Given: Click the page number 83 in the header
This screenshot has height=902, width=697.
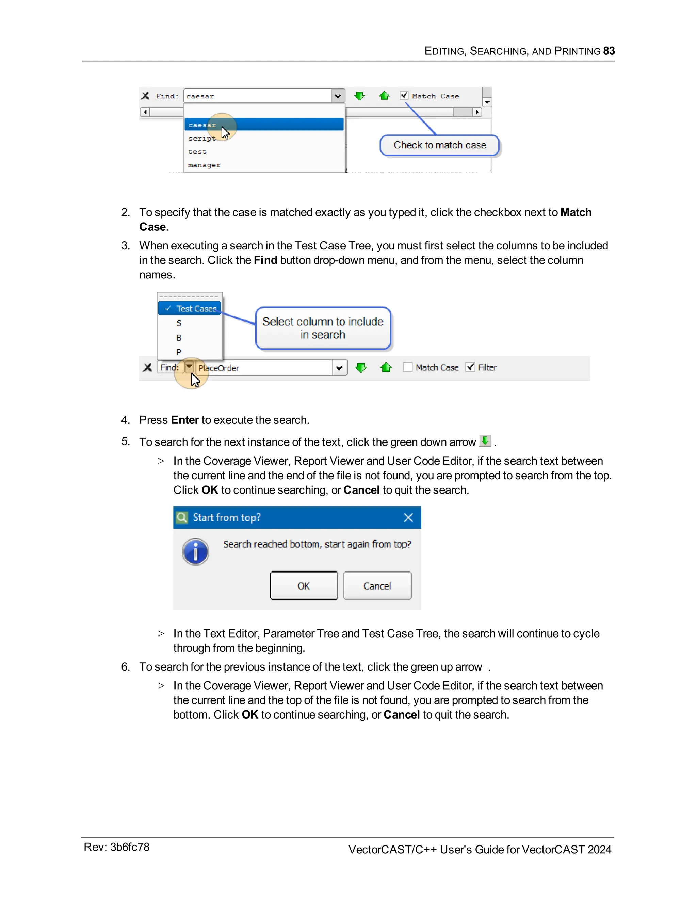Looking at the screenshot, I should point(609,51).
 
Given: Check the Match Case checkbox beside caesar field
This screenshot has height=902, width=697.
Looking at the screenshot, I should point(404,95).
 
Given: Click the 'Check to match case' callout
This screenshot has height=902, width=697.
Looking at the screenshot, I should point(439,145).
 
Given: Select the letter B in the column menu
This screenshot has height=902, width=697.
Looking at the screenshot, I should point(179,337).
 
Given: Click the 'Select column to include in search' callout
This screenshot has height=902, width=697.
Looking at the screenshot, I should point(323,328).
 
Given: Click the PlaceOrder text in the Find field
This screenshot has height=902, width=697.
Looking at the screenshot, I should point(219,368).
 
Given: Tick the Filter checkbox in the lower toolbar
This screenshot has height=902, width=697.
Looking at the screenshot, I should point(470,367).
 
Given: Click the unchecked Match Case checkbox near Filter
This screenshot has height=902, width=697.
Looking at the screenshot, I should point(407,367).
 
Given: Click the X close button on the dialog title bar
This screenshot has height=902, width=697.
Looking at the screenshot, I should point(408,517).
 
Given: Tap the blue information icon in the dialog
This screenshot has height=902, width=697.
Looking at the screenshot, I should point(195,552).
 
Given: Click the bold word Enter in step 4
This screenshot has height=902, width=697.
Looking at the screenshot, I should point(185,420).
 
